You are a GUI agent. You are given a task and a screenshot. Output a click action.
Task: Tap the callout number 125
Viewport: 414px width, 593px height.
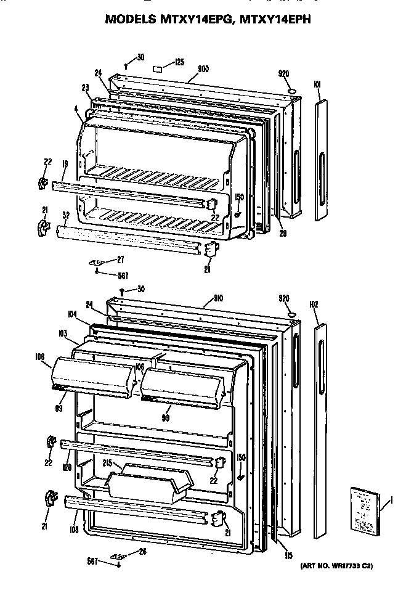tap(179, 61)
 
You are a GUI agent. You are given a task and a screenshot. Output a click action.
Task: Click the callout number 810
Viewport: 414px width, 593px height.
tap(217, 298)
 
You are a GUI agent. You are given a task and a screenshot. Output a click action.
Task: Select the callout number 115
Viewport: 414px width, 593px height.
tap(288, 555)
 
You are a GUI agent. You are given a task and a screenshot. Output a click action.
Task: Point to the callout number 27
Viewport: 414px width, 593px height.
tap(121, 259)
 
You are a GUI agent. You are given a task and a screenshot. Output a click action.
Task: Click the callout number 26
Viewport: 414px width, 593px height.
tap(142, 551)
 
